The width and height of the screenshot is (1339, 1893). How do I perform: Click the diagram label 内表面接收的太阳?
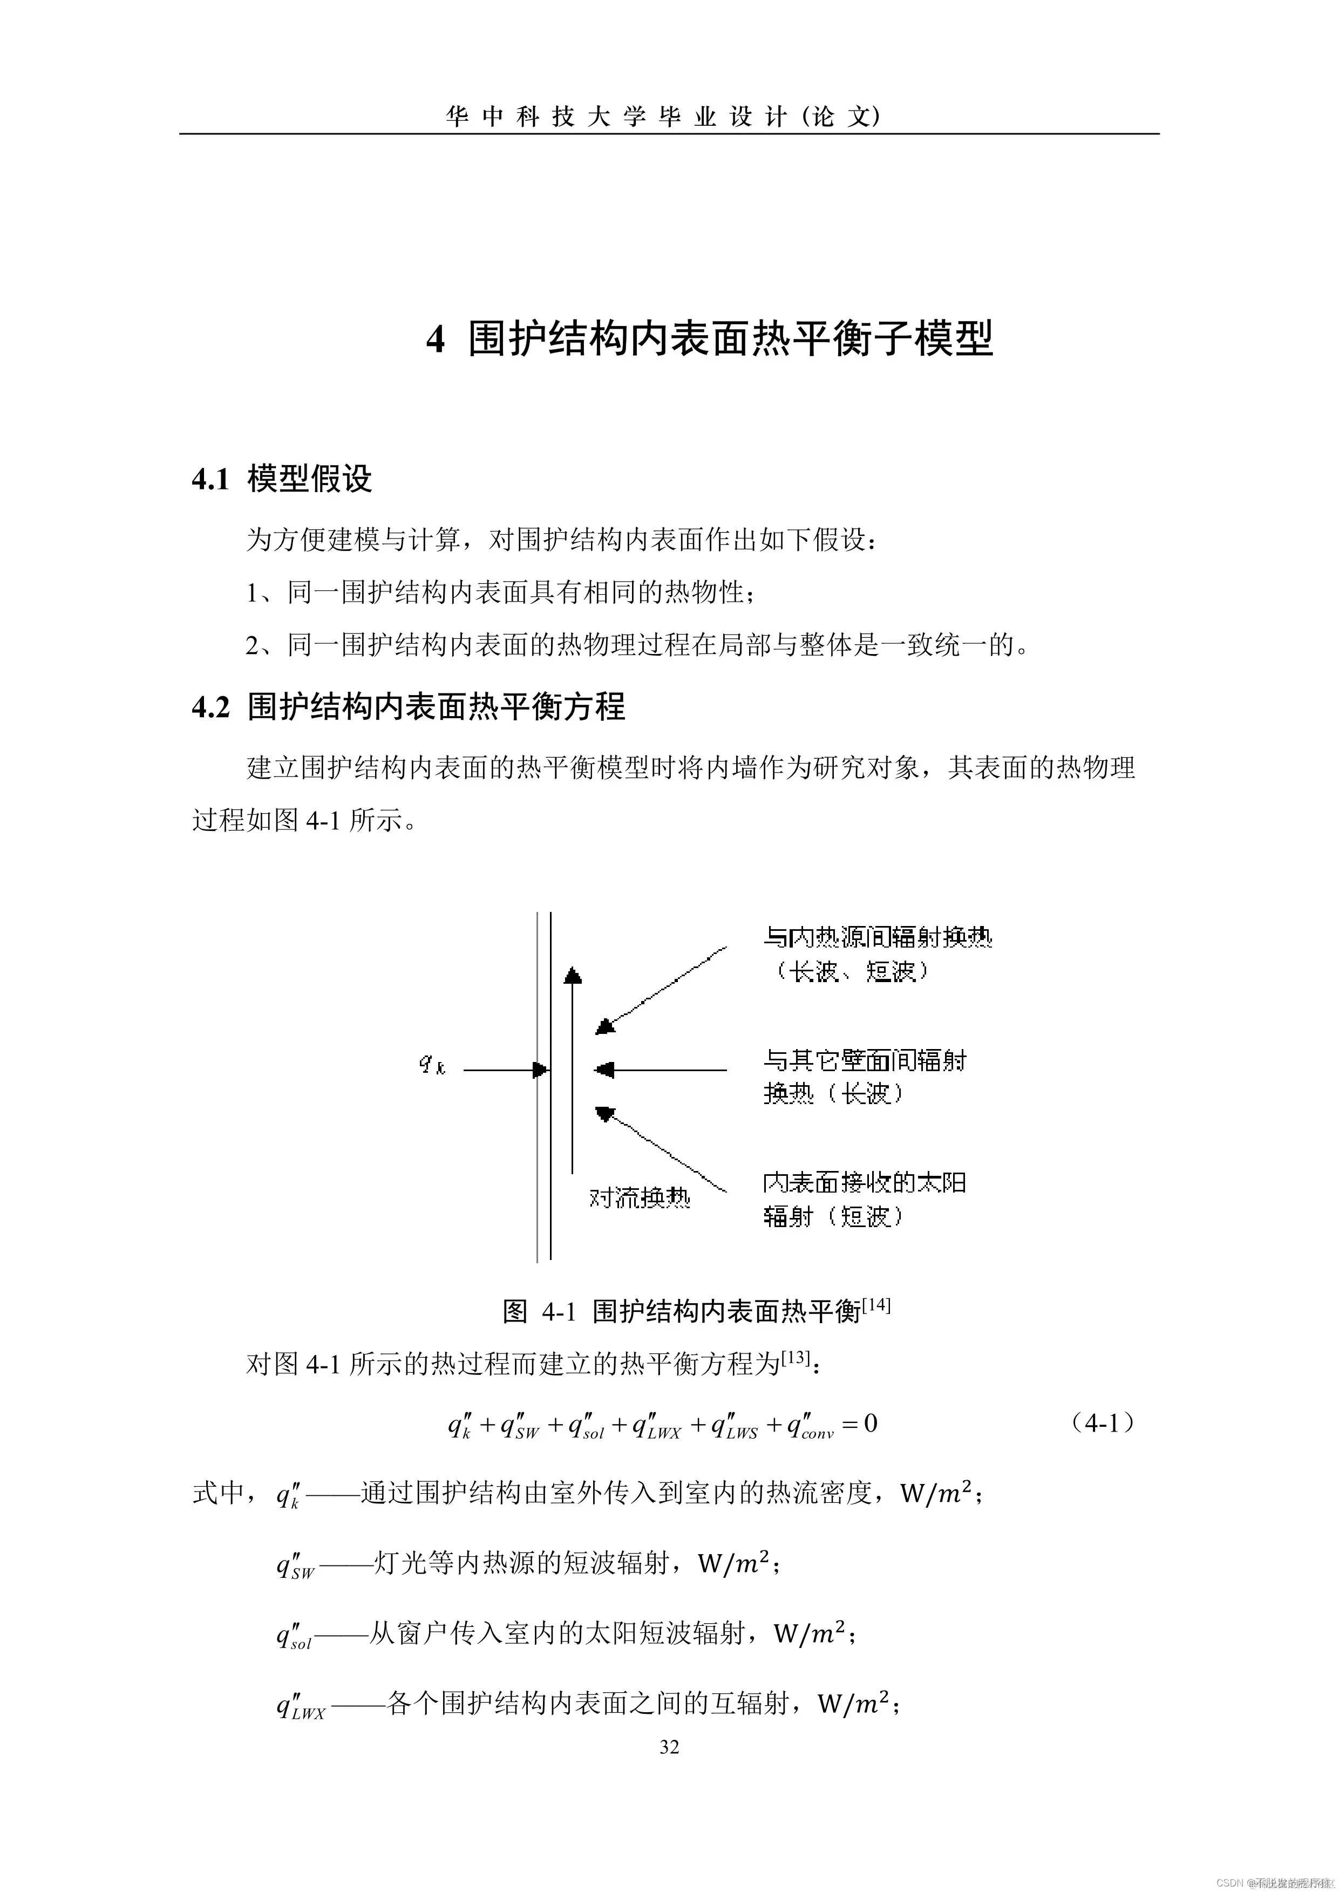tap(864, 1183)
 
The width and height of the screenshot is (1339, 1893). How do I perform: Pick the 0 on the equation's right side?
tap(870, 1423)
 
